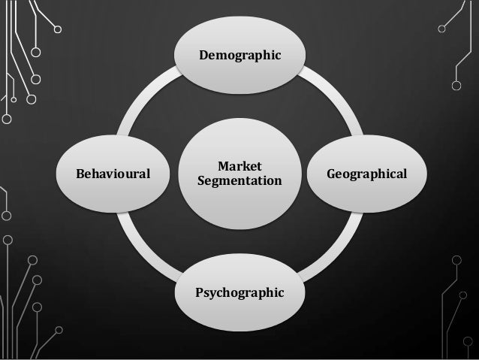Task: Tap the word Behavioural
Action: [113, 174]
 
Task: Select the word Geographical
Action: [366, 174]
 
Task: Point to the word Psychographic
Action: [239, 291]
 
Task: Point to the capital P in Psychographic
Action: [199, 290]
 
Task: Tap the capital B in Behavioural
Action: [80, 174]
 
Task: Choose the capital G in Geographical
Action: [331, 174]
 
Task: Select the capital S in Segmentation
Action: [200, 181]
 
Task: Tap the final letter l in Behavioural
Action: [148, 174]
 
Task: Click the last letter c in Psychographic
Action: [282, 290]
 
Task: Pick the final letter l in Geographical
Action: [405, 174]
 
